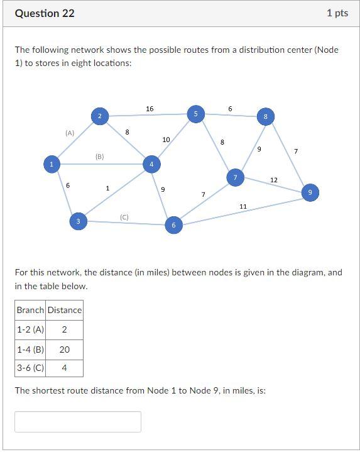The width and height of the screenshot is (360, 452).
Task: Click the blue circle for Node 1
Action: (51, 164)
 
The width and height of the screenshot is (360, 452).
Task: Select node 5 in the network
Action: (195, 114)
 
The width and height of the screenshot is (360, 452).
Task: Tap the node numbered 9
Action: (310, 192)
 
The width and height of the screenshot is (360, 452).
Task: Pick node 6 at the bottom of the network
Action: (173, 225)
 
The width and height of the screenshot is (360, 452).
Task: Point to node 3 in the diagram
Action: (78, 221)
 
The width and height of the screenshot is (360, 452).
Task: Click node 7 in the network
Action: (235, 178)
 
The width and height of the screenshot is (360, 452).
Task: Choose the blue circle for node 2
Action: (99, 116)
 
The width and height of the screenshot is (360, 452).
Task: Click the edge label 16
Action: (150, 109)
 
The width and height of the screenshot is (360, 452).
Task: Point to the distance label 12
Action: (274, 180)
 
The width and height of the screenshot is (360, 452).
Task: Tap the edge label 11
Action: (243, 206)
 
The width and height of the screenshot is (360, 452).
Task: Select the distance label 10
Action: (166, 139)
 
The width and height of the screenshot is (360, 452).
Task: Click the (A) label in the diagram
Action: (70, 133)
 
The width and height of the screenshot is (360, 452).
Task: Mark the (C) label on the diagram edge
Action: (124, 217)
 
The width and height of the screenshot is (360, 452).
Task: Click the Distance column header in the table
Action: (65, 310)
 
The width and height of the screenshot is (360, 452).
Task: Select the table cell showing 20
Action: (65, 350)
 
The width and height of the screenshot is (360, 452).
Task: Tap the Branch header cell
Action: (31, 310)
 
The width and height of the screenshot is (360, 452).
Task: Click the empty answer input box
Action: (78, 422)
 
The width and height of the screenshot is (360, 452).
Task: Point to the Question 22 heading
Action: (45, 13)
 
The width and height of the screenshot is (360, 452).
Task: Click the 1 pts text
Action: (337, 13)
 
